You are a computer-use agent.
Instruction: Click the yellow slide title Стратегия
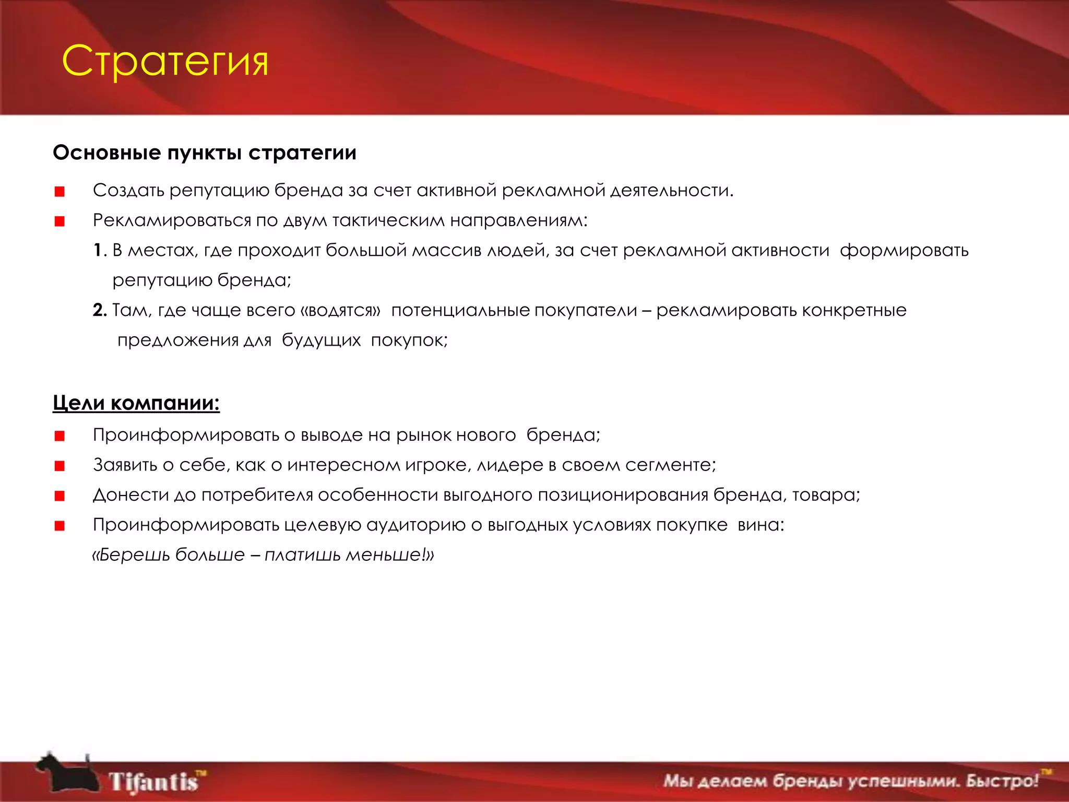pyautogui.click(x=165, y=61)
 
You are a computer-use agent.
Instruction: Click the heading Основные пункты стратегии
pyautogui.click(x=205, y=152)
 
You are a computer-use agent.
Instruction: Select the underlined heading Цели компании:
pyautogui.click(x=136, y=403)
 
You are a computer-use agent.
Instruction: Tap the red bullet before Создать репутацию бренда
pyautogui.click(x=60, y=192)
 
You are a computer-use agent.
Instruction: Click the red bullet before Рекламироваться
pyautogui.click(x=60, y=221)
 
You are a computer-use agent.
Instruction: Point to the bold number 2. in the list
pyautogui.click(x=100, y=310)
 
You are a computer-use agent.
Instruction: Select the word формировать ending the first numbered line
pyautogui.click(x=904, y=251)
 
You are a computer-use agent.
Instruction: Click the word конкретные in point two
pyautogui.click(x=854, y=310)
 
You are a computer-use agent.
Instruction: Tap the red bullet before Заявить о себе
pyautogui.click(x=60, y=466)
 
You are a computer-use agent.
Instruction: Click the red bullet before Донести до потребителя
pyautogui.click(x=60, y=496)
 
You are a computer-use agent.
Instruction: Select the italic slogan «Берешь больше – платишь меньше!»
pyautogui.click(x=263, y=555)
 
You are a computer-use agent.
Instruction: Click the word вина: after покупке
pyautogui.click(x=761, y=525)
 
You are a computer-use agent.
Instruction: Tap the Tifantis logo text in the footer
pyautogui.click(x=155, y=782)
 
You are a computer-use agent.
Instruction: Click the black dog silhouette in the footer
pyautogui.click(x=65, y=774)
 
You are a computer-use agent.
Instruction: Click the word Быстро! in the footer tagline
pyautogui.click(x=1002, y=781)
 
